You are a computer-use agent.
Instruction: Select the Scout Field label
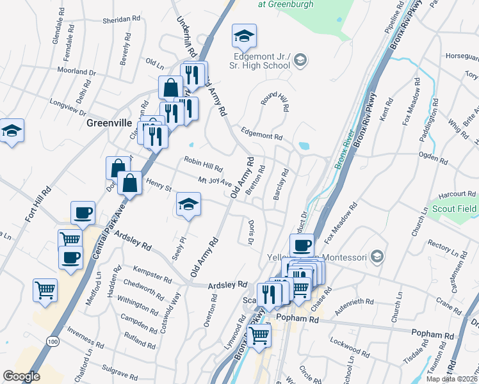point(453,209)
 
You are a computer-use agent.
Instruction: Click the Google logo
point(21,376)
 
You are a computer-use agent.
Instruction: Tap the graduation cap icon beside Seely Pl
point(188,205)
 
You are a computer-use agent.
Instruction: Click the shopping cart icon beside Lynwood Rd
point(259,335)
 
